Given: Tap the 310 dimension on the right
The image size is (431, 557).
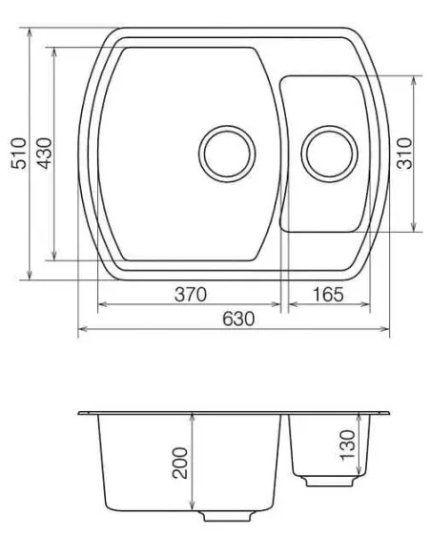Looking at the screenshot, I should (404, 153).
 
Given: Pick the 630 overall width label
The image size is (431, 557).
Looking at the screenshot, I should (236, 319).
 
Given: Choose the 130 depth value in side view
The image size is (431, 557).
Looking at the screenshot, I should (346, 444).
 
